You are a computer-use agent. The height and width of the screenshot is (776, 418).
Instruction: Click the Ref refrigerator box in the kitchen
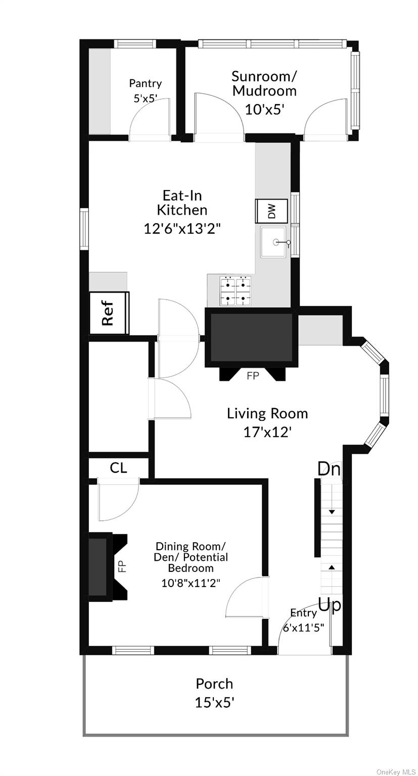click(109, 313)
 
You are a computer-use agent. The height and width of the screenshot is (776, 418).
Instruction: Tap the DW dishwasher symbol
click(272, 210)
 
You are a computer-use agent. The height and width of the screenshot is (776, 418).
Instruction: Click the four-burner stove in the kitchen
click(236, 292)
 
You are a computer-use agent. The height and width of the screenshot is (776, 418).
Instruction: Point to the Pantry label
click(145, 83)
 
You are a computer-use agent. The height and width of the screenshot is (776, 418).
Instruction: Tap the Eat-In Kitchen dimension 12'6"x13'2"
click(182, 228)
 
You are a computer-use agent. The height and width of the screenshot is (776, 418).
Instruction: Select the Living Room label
click(267, 414)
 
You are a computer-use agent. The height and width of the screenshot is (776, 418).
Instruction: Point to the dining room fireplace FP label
click(122, 566)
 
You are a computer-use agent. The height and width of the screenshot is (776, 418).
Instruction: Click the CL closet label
click(118, 468)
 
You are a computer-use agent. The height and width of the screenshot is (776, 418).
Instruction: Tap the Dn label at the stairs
click(329, 469)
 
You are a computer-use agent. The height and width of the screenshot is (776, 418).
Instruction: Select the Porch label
click(214, 684)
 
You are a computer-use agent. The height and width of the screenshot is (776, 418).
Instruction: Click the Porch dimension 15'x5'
click(214, 702)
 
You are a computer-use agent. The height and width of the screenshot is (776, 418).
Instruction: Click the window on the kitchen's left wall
click(84, 229)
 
